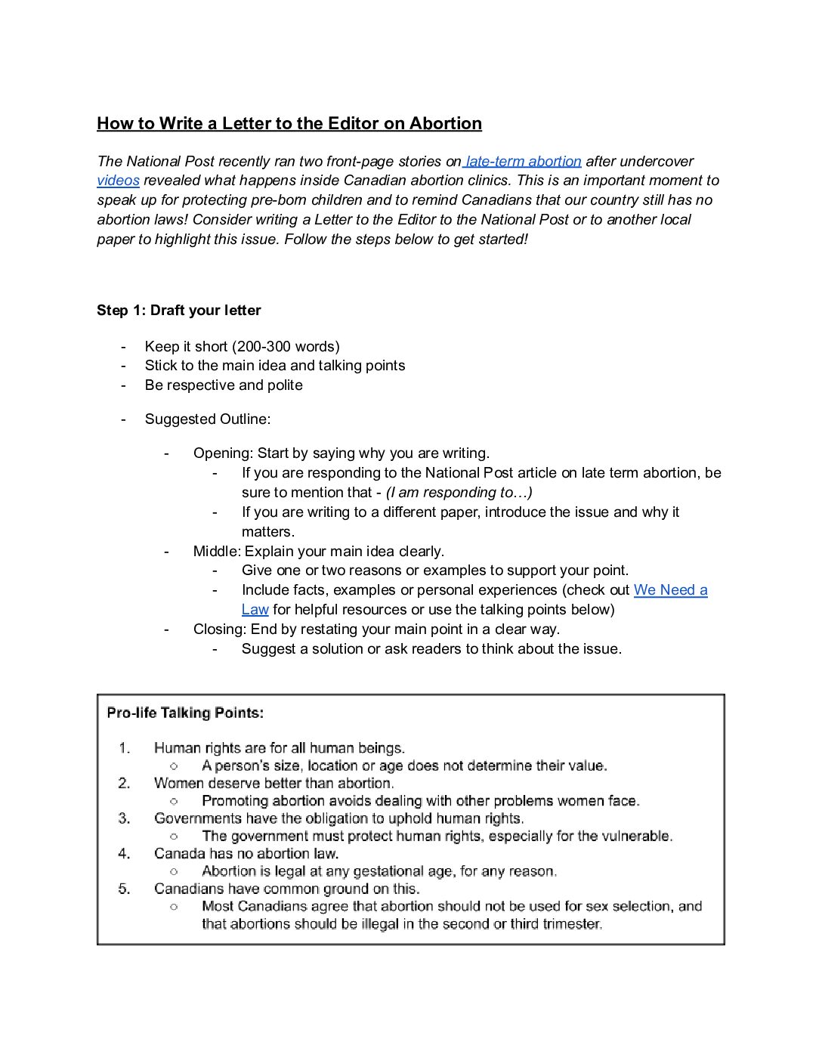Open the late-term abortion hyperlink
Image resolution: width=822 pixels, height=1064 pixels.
coord(523,161)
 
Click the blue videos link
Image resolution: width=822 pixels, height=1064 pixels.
coord(118,181)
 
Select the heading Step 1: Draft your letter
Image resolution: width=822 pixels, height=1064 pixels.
coord(179,311)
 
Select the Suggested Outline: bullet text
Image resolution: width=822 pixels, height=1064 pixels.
coord(208,419)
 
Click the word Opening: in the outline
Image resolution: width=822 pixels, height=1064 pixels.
coord(223,453)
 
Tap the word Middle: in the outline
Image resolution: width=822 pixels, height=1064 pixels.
coord(217,551)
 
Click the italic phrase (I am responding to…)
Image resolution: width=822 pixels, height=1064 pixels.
coord(459,493)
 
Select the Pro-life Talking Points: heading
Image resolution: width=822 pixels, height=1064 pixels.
coord(185,713)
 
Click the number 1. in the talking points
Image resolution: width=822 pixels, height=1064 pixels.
coord(124,748)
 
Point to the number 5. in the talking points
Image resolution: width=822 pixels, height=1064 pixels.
coord(124,889)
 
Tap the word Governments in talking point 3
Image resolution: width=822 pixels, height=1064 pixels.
coord(194,818)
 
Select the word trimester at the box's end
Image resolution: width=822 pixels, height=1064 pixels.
coord(570,923)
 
